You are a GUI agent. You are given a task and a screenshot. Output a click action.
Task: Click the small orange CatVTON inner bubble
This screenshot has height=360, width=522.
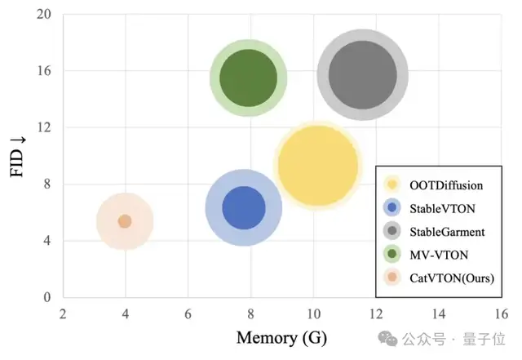[x=125, y=221]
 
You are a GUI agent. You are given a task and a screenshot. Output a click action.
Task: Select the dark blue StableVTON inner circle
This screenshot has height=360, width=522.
[x=243, y=207]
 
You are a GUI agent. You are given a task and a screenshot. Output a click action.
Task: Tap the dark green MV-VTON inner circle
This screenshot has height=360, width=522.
[x=248, y=78]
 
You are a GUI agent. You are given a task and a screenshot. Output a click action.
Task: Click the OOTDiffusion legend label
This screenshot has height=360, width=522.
[x=445, y=185]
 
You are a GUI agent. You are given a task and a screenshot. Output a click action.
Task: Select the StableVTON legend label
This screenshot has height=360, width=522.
[x=443, y=208]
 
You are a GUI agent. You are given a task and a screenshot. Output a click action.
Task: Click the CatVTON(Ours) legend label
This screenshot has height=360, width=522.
[x=453, y=278]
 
